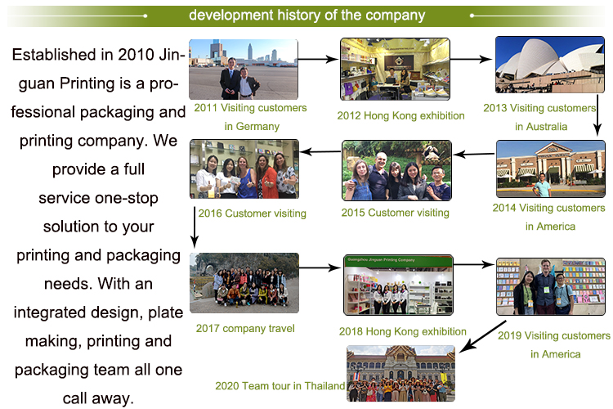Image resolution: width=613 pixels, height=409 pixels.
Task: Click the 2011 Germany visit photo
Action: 244,70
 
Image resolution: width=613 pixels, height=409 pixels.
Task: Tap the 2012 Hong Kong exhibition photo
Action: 395,69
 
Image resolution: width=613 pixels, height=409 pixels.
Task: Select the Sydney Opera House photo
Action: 550,65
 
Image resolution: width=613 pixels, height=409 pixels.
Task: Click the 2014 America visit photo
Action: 550,169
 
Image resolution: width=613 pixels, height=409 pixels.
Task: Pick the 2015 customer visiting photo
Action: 396,170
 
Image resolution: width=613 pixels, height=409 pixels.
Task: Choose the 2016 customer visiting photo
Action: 244,169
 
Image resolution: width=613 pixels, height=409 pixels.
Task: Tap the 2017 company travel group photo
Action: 244,282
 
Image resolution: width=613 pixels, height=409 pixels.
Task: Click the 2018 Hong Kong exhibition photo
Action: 398,285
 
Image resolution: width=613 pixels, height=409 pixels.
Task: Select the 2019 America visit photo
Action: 550,286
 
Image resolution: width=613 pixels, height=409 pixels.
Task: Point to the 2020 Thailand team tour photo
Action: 400,373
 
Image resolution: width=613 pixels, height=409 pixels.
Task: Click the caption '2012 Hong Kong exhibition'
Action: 400,115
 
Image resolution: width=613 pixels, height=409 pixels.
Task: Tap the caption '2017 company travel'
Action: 245,328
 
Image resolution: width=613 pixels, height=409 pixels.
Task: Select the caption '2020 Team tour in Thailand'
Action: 280,386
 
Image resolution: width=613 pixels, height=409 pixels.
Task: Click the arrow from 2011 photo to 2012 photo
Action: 318,59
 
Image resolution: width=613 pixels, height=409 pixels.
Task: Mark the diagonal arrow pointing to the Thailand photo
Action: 483,336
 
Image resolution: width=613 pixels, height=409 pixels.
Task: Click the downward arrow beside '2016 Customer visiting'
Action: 195,227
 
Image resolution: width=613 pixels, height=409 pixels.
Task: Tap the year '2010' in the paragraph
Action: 136,55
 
